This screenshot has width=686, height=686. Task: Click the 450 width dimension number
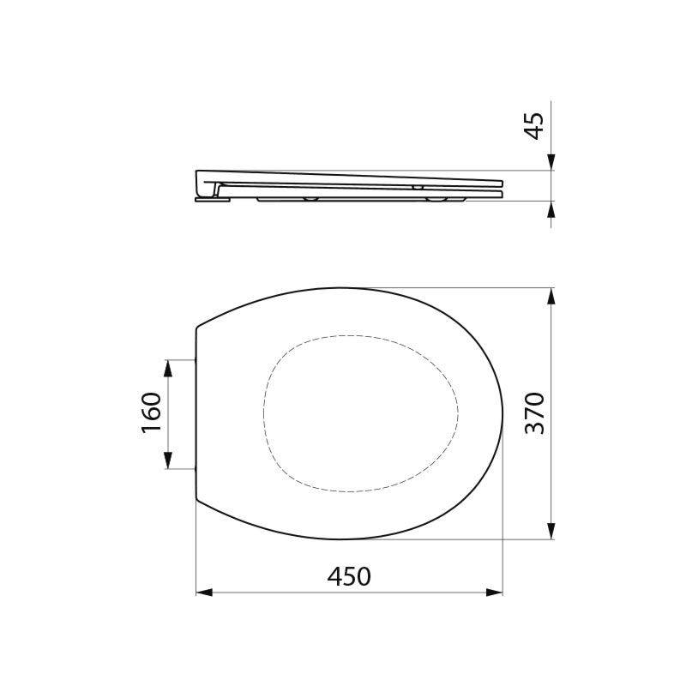click(349, 576)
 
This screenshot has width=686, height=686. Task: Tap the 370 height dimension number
click(534, 412)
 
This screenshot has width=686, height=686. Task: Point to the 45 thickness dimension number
click(534, 125)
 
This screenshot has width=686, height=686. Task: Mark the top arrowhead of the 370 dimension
click(551, 294)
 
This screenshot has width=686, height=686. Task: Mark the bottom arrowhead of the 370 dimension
click(551, 533)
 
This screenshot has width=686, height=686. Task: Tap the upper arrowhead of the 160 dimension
click(168, 365)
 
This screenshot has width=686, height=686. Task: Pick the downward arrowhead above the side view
click(551, 163)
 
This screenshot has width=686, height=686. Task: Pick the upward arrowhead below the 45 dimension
click(551, 208)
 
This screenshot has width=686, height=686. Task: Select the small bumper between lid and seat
click(418, 186)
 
